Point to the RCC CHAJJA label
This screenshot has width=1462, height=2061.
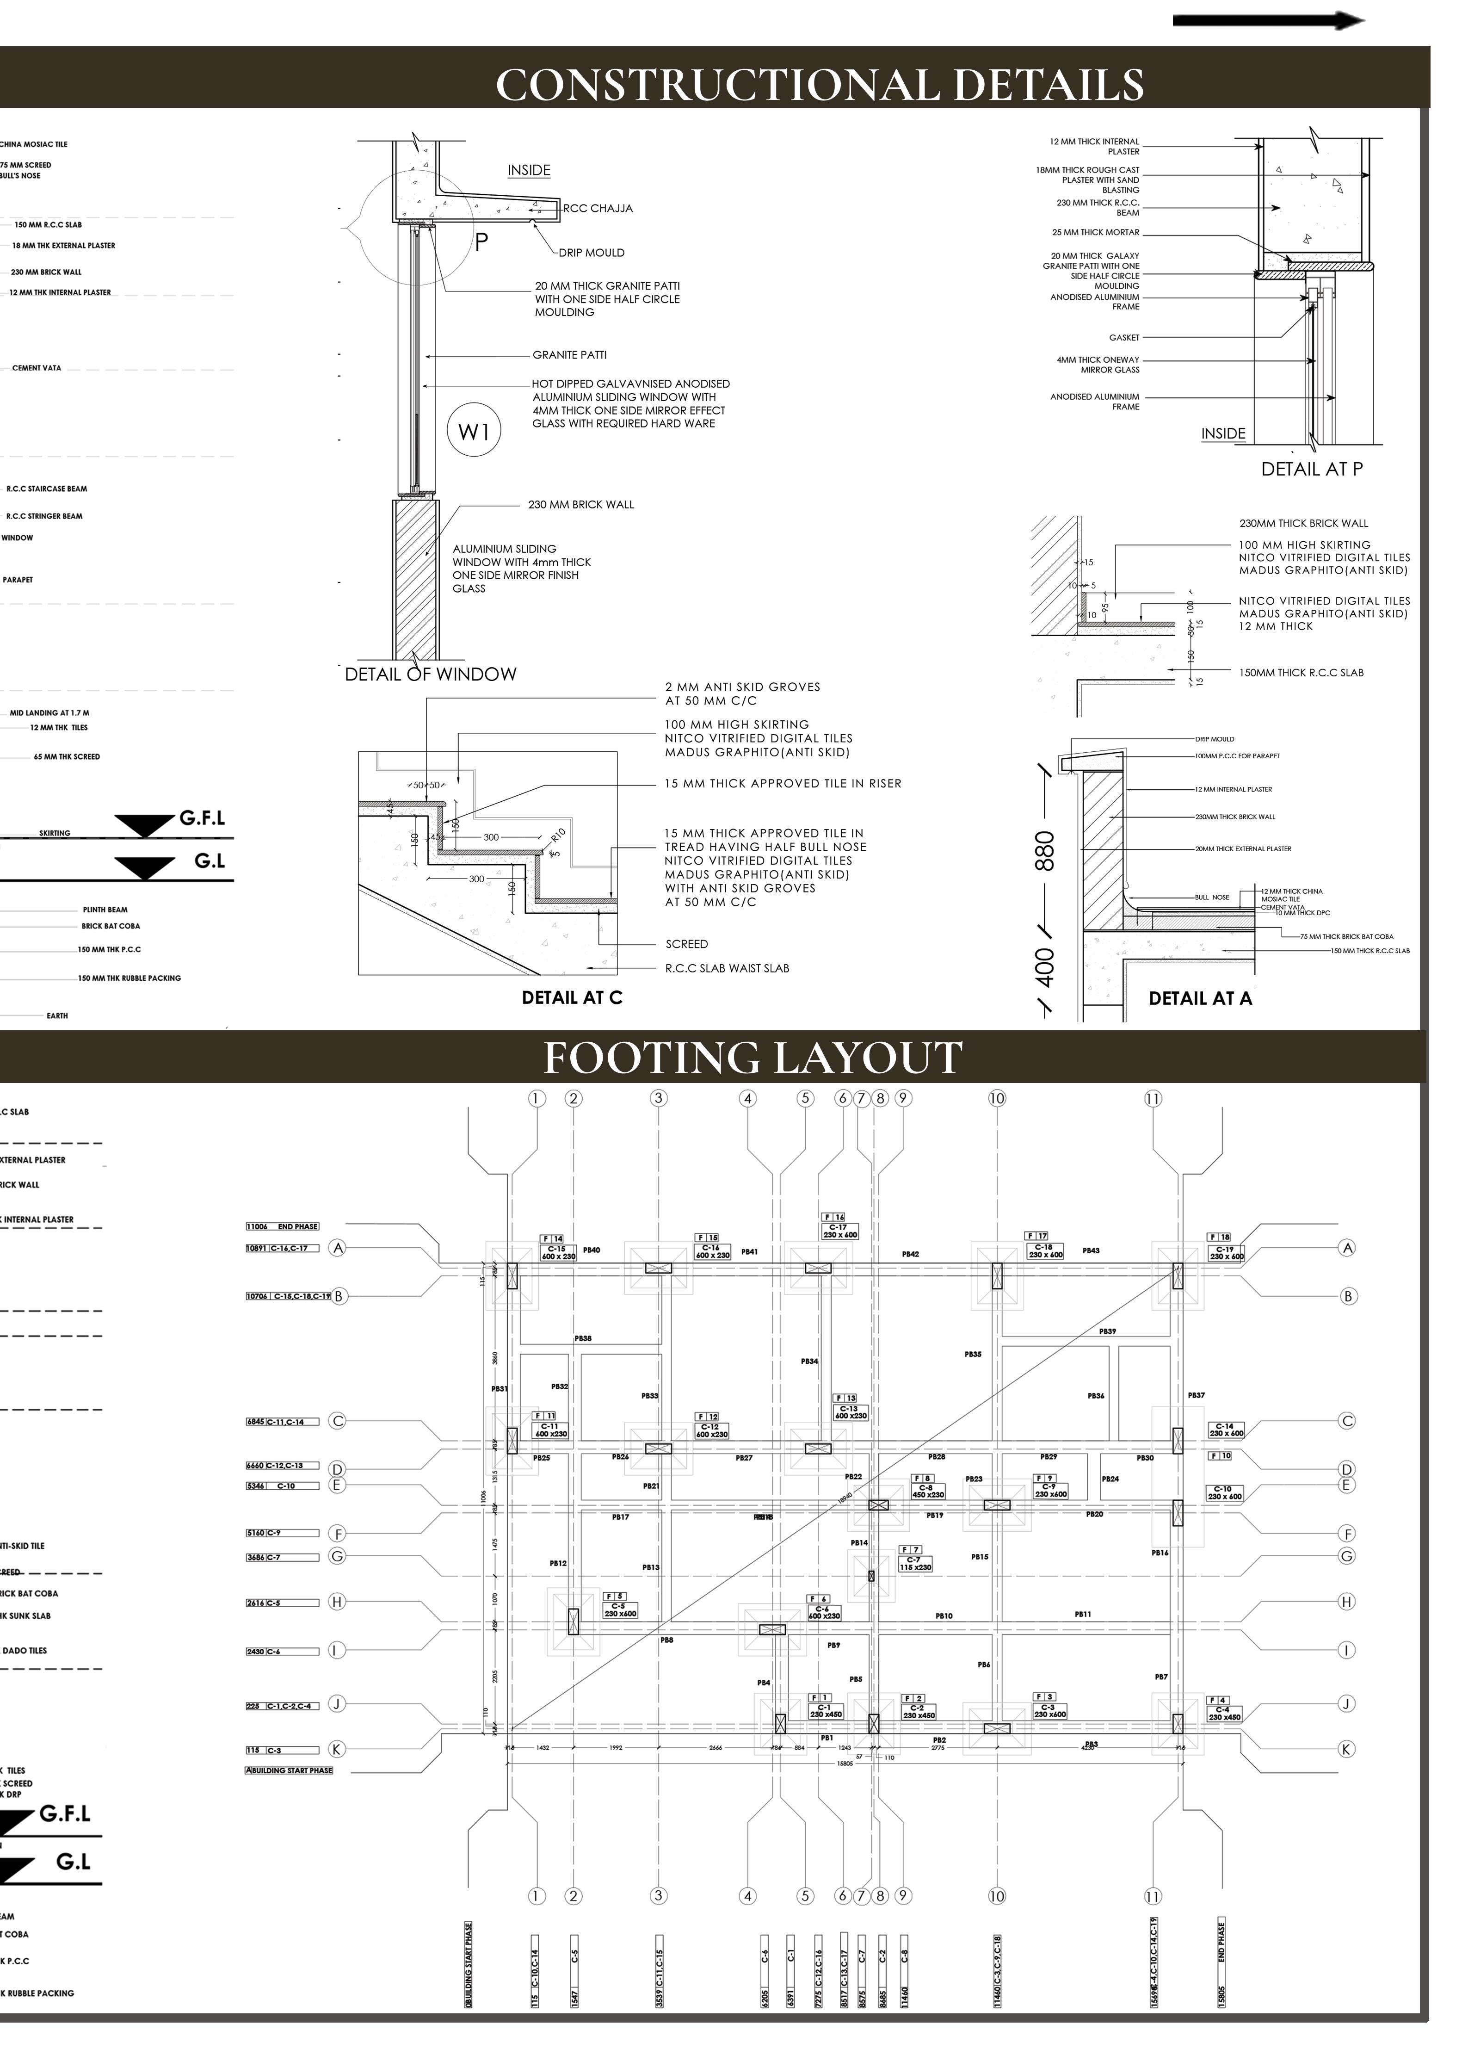[x=598, y=209]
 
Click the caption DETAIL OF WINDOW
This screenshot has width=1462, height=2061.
[x=430, y=675]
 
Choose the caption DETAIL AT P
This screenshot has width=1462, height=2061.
[x=1312, y=469]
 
